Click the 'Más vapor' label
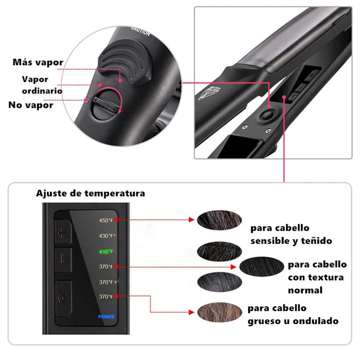coord(38,62)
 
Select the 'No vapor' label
coord(31,105)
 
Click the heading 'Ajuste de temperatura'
coord(90,193)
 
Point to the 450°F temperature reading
coord(107,220)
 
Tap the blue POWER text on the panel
coord(107,316)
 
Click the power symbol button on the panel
coord(63,297)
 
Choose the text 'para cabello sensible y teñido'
coord(291,234)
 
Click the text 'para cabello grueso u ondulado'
coord(293,315)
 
